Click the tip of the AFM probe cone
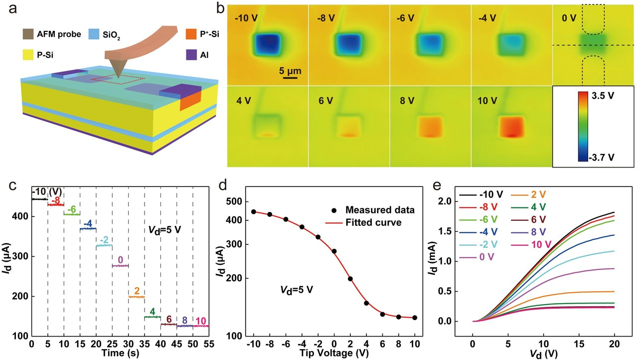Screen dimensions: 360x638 coord(118,77)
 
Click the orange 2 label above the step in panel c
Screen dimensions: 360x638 coord(137,290)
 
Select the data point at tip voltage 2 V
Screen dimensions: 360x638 coord(350,279)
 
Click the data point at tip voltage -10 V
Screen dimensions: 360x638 coord(254,212)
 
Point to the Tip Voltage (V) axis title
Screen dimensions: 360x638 coord(333,354)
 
